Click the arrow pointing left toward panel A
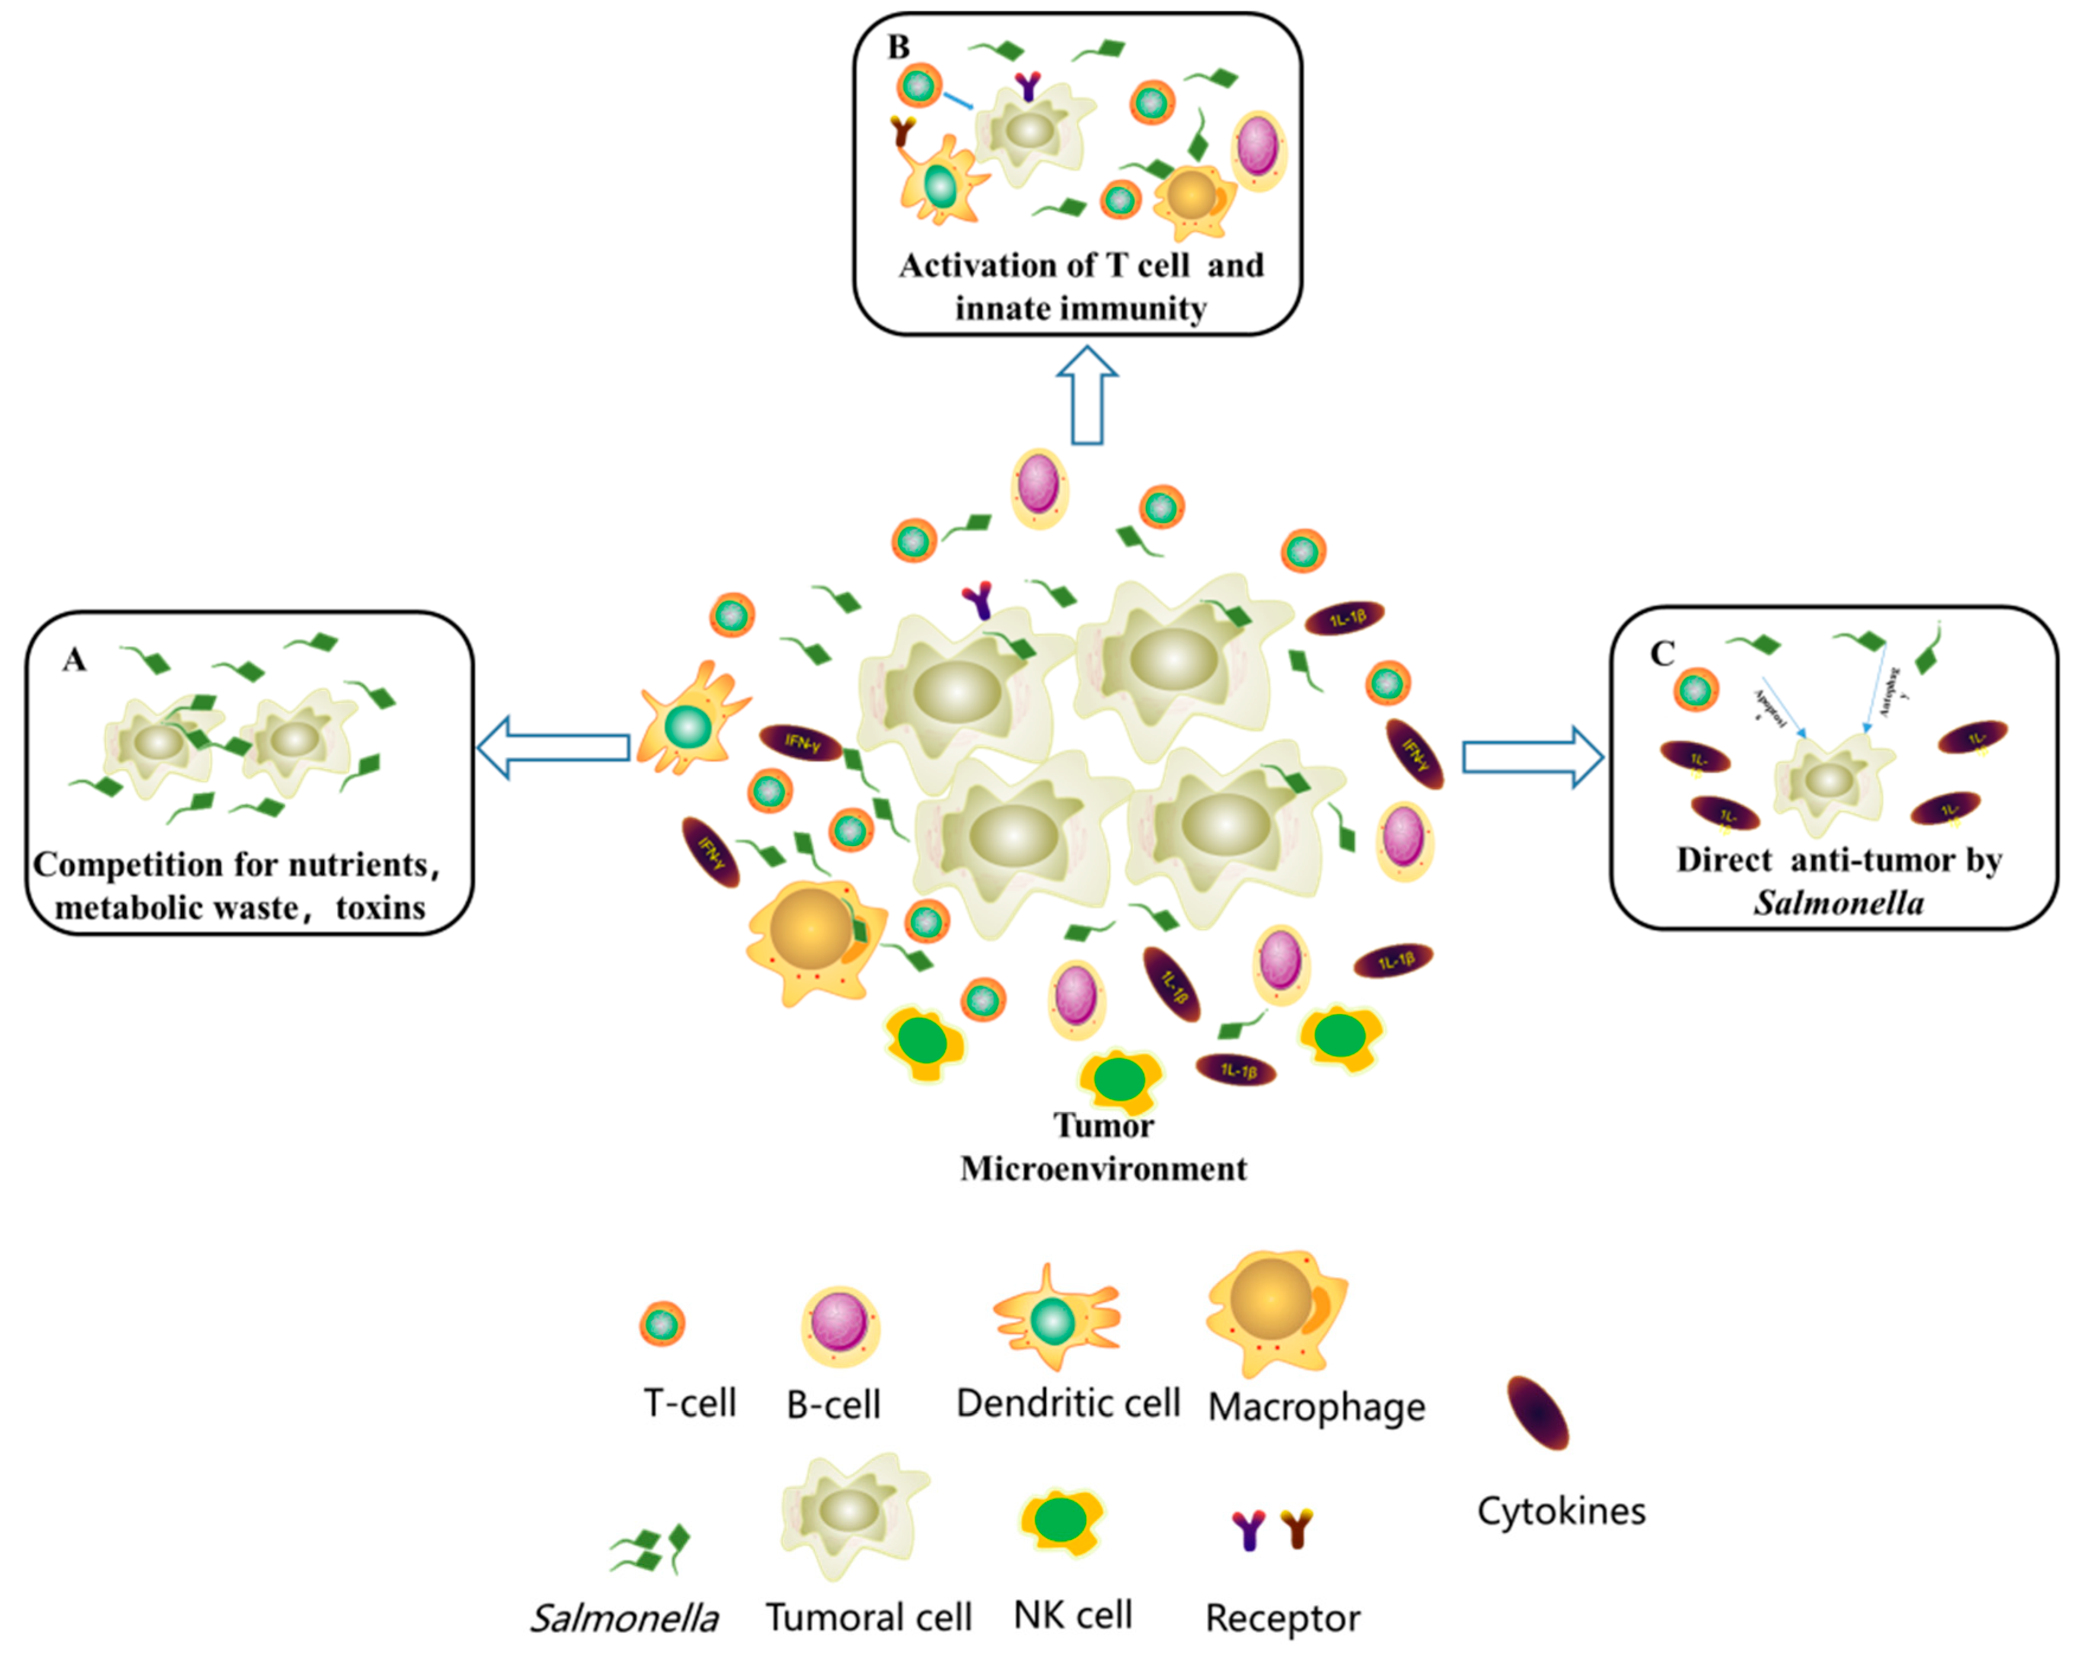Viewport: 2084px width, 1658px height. [x=554, y=747]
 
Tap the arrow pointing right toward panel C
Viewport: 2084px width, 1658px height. [x=1533, y=757]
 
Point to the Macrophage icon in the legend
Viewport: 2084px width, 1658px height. [x=1274, y=1312]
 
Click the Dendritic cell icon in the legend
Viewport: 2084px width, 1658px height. [x=1055, y=1319]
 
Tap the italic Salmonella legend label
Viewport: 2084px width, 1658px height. [x=625, y=1617]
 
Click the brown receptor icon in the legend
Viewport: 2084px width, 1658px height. [x=1297, y=1528]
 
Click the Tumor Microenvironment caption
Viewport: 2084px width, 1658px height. [x=1103, y=1147]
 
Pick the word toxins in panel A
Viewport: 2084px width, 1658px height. [x=381, y=908]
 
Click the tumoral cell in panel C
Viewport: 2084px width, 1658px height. [x=1830, y=780]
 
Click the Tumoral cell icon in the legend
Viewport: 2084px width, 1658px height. [x=851, y=1512]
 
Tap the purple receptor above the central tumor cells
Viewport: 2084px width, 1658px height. [x=978, y=600]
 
